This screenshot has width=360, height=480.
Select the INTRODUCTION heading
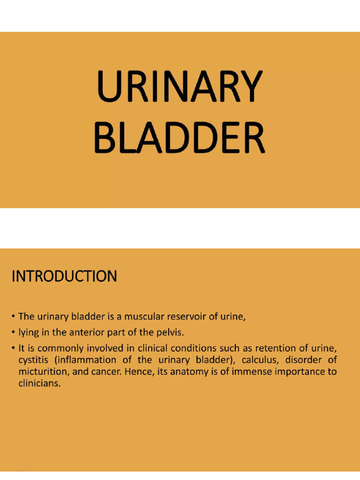[x=64, y=277]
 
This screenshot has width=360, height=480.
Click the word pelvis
[x=171, y=333]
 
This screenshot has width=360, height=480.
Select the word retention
[x=273, y=349]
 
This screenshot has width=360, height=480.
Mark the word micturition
[x=42, y=372]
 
